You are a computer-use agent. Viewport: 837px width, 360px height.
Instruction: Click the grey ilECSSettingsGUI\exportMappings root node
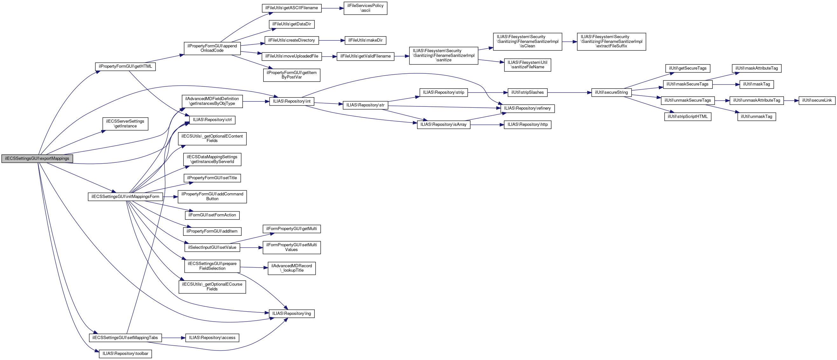(37, 159)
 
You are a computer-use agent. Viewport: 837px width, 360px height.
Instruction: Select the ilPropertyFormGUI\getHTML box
(126, 66)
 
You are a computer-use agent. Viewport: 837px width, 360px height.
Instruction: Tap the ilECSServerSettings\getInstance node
(126, 124)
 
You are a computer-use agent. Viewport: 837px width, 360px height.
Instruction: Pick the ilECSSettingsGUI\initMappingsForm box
(126, 197)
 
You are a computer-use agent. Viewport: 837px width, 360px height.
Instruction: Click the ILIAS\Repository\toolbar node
(126, 354)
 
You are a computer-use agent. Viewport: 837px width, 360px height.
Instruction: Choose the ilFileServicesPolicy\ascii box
(366, 8)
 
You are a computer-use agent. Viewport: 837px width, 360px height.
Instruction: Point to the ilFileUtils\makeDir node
(366, 40)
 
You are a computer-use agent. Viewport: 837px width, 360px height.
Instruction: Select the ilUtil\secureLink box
(817, 100)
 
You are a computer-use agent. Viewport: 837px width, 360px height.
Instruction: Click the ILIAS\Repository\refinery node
(528, 109)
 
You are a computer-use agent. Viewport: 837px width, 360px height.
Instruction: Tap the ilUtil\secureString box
(612, 92)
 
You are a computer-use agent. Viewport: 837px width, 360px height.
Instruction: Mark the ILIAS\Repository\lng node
(292, 314)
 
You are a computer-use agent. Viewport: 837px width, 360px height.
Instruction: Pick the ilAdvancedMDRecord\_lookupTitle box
(292, 268)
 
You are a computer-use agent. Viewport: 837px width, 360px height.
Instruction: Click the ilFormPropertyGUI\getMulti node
(292, 229)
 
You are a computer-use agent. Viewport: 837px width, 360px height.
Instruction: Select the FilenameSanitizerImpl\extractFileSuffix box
(612, 42)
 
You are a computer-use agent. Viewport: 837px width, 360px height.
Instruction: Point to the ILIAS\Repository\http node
(528, 125)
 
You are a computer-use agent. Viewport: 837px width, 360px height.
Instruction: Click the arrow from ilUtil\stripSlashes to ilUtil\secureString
(570, 92)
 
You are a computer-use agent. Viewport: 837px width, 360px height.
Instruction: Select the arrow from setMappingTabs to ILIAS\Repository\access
(174, 338)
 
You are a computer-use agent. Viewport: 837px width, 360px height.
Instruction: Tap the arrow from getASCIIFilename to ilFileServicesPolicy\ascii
(333, 8)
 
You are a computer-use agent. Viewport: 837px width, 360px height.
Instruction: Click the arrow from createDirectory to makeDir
(332, 40)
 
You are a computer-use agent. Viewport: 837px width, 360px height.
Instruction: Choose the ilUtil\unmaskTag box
(757, 117)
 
